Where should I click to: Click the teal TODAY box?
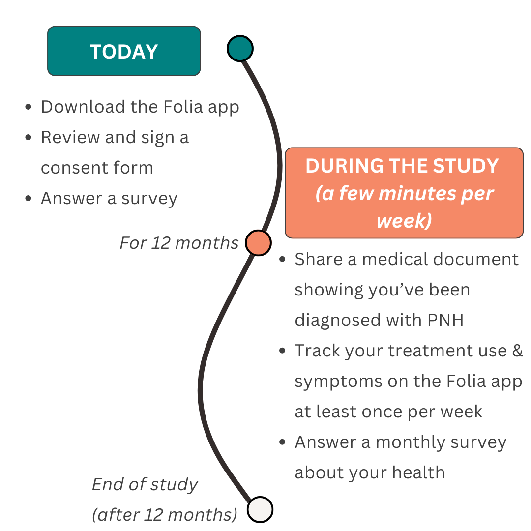[124, 51]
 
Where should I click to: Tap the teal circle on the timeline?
[240, 48]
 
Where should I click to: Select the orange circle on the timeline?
[258, 242]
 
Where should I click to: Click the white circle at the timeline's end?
[260, 509]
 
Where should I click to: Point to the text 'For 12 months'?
[179, 243]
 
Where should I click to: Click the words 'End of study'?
[145, 485]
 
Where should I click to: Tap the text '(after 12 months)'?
[165, 514]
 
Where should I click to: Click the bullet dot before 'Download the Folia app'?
[29, 107]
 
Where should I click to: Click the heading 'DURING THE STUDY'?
[402, 166]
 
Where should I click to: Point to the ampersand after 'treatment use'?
[517, 351]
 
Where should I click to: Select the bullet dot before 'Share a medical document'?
[282, 260]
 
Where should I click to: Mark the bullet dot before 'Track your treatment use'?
[282, 351]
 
